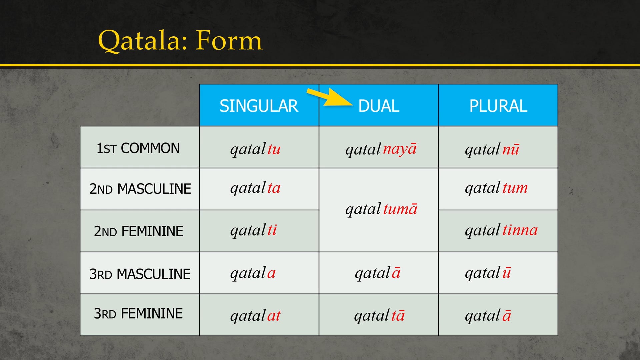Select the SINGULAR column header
[x=259, y=106]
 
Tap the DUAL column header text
[x=379, y=106]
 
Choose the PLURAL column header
[x=498, y=106]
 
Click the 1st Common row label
[x=138, y=148]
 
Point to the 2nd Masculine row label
[x=140, y=189]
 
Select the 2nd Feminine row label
[x=138, y=231]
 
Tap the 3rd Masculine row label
[x=140, y=274]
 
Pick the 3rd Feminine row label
[x=138, y=314]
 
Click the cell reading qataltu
[x=255, y=149]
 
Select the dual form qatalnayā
[x=381, y=149]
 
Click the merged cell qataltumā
[x=381, y=209]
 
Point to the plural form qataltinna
[x=501, y=230]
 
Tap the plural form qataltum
[x=496, y=188]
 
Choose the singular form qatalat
[x=255, y=315]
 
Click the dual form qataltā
[x=379, y=315]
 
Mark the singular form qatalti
[x=253, y=230]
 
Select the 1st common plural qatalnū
[x=492, y=149]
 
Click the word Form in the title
[x=229, y=41]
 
